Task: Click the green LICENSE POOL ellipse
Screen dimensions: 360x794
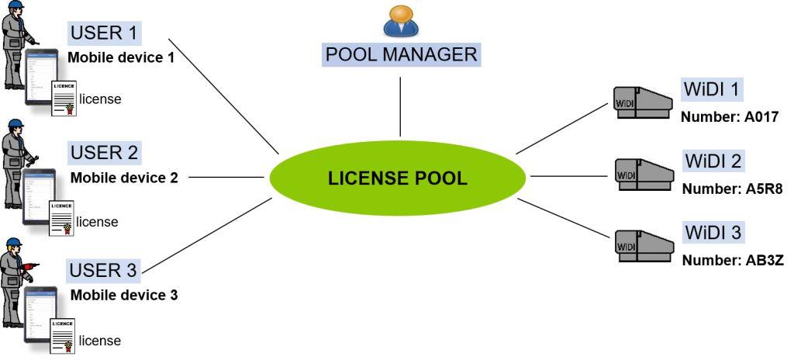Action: (399, 178)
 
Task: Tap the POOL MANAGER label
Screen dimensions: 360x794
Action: (400, 54)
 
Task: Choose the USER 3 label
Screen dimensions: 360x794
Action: (104, 270)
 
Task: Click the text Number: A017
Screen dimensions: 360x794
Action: (728, 117)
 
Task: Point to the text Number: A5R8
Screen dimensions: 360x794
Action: (729, 189)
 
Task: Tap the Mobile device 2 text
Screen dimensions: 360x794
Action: (124, 178)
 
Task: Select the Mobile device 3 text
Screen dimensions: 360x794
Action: (124, 295)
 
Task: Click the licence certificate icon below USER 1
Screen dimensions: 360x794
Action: (64, 98)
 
